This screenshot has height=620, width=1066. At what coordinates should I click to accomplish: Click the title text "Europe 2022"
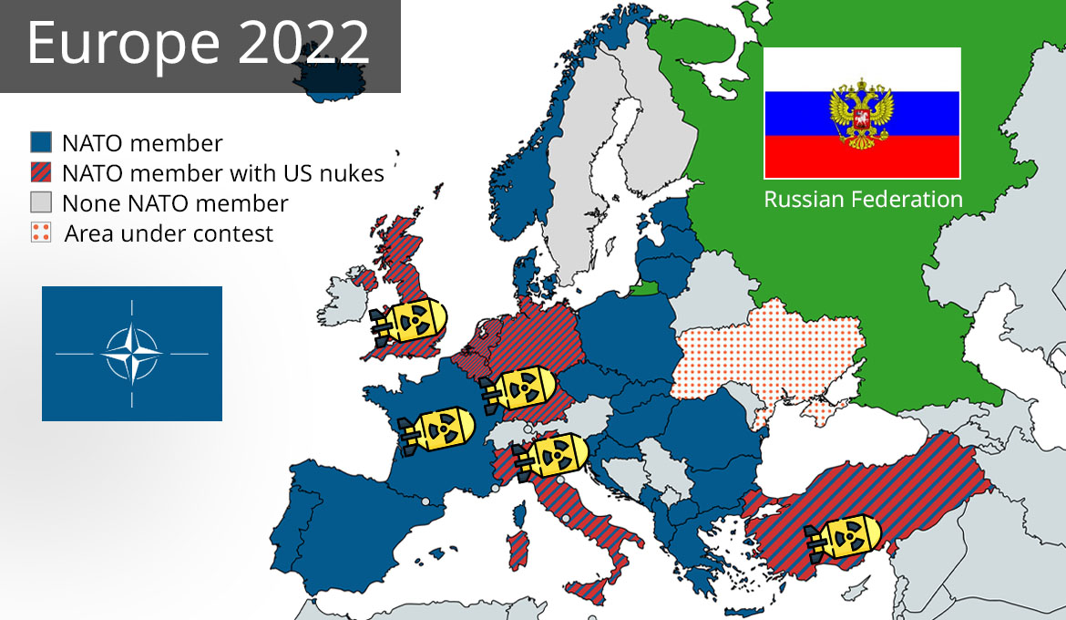(x=199, y=43)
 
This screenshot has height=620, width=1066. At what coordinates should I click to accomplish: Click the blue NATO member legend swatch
(x=41, y=142)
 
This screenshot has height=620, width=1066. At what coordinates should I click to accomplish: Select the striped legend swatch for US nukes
(x=41, y=172)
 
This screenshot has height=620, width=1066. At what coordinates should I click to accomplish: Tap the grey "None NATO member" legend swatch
(x=41, y=201)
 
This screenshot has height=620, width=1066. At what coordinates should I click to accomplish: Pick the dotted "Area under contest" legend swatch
(x=41, y=232)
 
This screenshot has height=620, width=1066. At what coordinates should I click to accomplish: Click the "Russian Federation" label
(x=863, y=199)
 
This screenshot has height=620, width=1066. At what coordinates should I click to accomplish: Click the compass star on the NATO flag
(x=132, y=353)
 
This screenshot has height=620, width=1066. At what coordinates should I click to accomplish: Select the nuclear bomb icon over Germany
(x=519, y=389)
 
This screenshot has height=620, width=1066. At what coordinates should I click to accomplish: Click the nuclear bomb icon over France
(x=437, y=429)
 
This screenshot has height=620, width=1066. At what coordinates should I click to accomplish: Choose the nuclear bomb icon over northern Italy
(x=552, y=455)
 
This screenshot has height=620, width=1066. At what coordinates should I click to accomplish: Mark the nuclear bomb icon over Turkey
(x=844, y=537)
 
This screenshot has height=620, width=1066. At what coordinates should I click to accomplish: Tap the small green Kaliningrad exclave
(x=643, y=289)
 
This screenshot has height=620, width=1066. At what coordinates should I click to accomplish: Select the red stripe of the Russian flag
(x=862, y=156)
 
